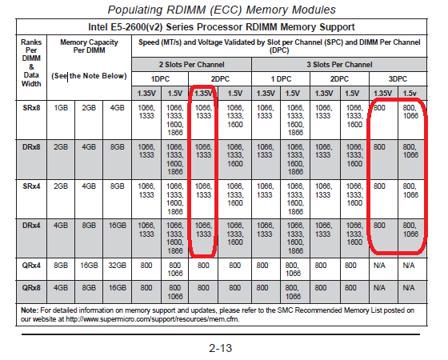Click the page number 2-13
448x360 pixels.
tap(220, 348)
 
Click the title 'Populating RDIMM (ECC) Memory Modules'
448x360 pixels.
tap(222, 10)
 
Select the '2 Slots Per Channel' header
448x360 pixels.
tap(191, 65)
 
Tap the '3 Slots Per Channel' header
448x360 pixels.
tap(339, 65)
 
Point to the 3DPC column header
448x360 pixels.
tap(398, 79)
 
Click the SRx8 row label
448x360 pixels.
tap(31, 108)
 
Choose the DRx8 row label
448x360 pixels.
tap(31, 147)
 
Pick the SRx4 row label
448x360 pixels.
tap(31, 186)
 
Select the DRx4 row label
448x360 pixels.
tap(31, 226)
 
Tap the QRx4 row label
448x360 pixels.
tap(31, 266)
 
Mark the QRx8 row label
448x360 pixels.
tap(31, 288)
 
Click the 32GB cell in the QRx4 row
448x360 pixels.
tap(117, 266)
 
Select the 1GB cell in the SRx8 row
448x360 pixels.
tap(61, 108)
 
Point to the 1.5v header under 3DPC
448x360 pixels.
tap(410, 94)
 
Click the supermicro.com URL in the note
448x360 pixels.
tap(152, 319)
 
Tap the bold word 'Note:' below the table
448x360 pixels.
tap(29, 310)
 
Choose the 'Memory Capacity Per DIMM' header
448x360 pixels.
tap(89, 46)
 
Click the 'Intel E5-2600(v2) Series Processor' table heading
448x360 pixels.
tap(222, 27)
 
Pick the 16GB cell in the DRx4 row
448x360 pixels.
tap(117, 226)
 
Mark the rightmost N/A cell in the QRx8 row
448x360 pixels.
tap(409, 288)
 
